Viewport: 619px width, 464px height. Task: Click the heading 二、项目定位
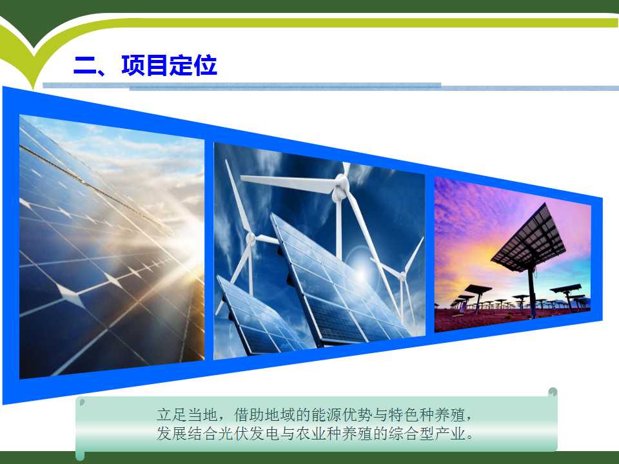point(145,65)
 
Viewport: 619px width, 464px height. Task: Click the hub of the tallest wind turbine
point(341,184)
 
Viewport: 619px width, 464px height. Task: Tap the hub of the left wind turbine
point(251,238)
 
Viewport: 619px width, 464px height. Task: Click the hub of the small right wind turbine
point(402,275)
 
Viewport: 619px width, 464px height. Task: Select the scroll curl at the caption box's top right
point(553,392)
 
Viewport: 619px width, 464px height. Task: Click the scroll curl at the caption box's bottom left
point(80,456)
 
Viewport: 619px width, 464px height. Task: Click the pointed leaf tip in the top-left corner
point(34,88)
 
